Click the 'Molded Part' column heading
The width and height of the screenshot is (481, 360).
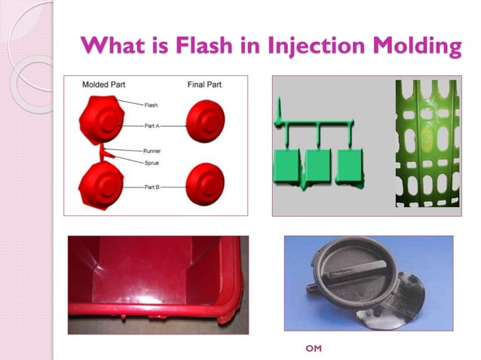click(x=104, y=84)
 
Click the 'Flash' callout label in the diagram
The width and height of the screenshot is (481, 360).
click(x=151, y=105)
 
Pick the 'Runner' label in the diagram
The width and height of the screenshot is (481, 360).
click(x=152, y=151)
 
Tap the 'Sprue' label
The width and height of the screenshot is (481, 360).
click(x=152, y=162)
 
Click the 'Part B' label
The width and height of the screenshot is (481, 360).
click(x=152, y=186)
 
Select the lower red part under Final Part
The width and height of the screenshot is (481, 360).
click(x=204, y=183)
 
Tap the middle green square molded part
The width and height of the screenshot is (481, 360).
click(x=319, y=166)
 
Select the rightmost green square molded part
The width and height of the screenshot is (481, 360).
click(x=349, y=166)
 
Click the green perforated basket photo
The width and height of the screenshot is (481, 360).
click(x=426, y=143)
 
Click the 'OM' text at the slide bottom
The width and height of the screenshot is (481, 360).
click(x=313, y=349)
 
